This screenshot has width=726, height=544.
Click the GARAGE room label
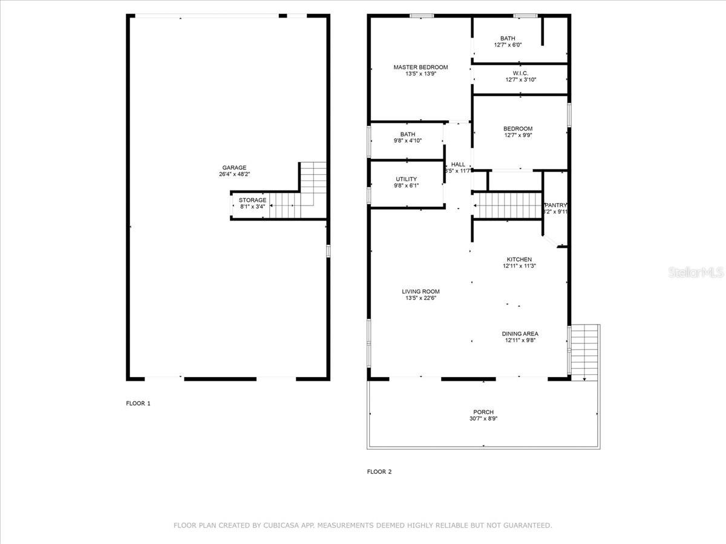point(234,167)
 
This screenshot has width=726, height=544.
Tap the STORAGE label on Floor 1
point(252,200)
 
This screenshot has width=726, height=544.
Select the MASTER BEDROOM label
point(420,67)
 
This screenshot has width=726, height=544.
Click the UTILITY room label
point(406,180)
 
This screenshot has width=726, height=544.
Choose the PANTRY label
point(556,205)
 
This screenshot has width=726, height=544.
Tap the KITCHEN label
point(519,259)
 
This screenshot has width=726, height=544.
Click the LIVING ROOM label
point(420,291)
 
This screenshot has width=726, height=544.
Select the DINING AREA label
point(520,334)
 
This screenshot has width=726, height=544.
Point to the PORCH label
point(483,412)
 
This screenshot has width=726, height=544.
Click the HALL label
point(458,164)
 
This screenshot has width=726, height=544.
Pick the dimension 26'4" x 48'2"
point(234,175)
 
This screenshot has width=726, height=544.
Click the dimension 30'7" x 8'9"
point(483,419)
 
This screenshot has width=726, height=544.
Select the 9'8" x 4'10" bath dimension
point(407,141)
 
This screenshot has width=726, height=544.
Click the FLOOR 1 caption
point(138,403)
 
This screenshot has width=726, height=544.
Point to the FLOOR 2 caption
point(379,472)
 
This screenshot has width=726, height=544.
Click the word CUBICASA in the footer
point(284,526)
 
